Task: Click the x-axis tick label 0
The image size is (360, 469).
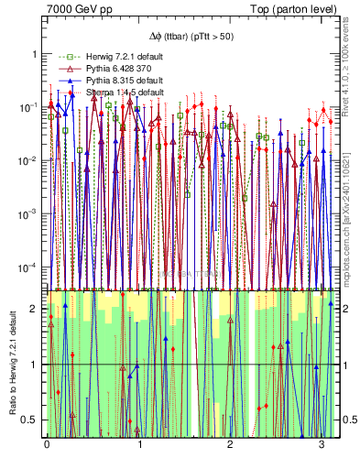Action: point(47,444)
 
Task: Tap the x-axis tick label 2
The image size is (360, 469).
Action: point(230,444)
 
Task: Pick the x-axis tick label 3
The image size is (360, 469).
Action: point(321,444)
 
